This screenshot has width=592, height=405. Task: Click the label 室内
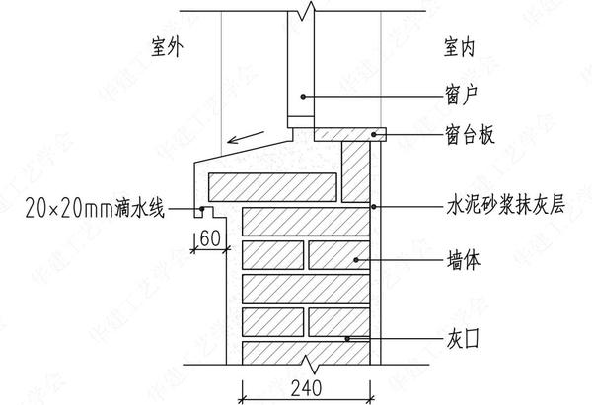pos(462,46)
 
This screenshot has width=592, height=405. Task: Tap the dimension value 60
pos(209,236)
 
